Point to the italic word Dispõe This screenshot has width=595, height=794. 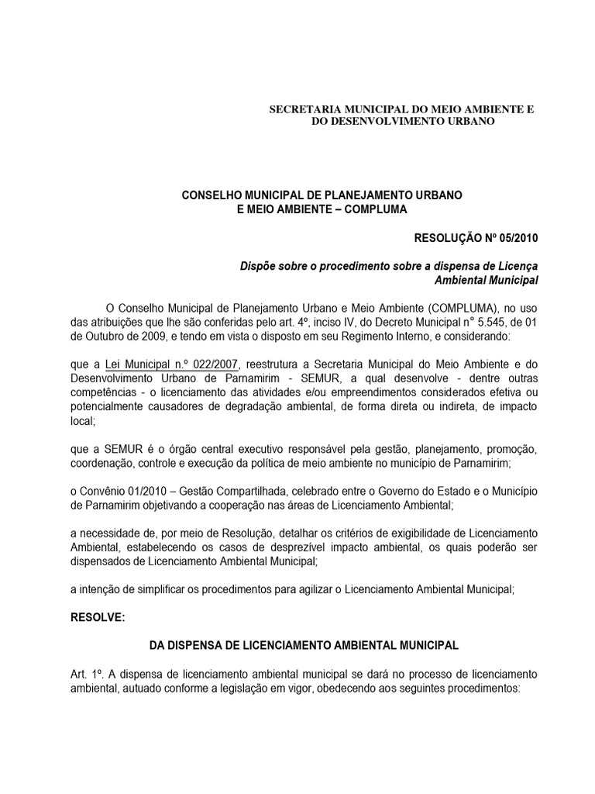[258, 265]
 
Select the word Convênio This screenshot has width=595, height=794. [105, 492]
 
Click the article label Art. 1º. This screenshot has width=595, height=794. [84, 674]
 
